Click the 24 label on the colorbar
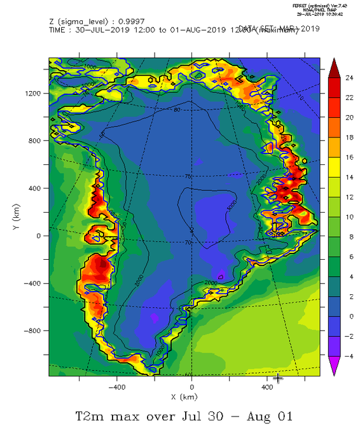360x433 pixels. [349, 79]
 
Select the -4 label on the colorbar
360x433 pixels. [349, 356]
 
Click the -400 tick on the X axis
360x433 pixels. [116, 386]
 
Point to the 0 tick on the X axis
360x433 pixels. [192, 386]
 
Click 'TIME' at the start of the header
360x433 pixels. [59, 30]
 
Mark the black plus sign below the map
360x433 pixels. [277, 378]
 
